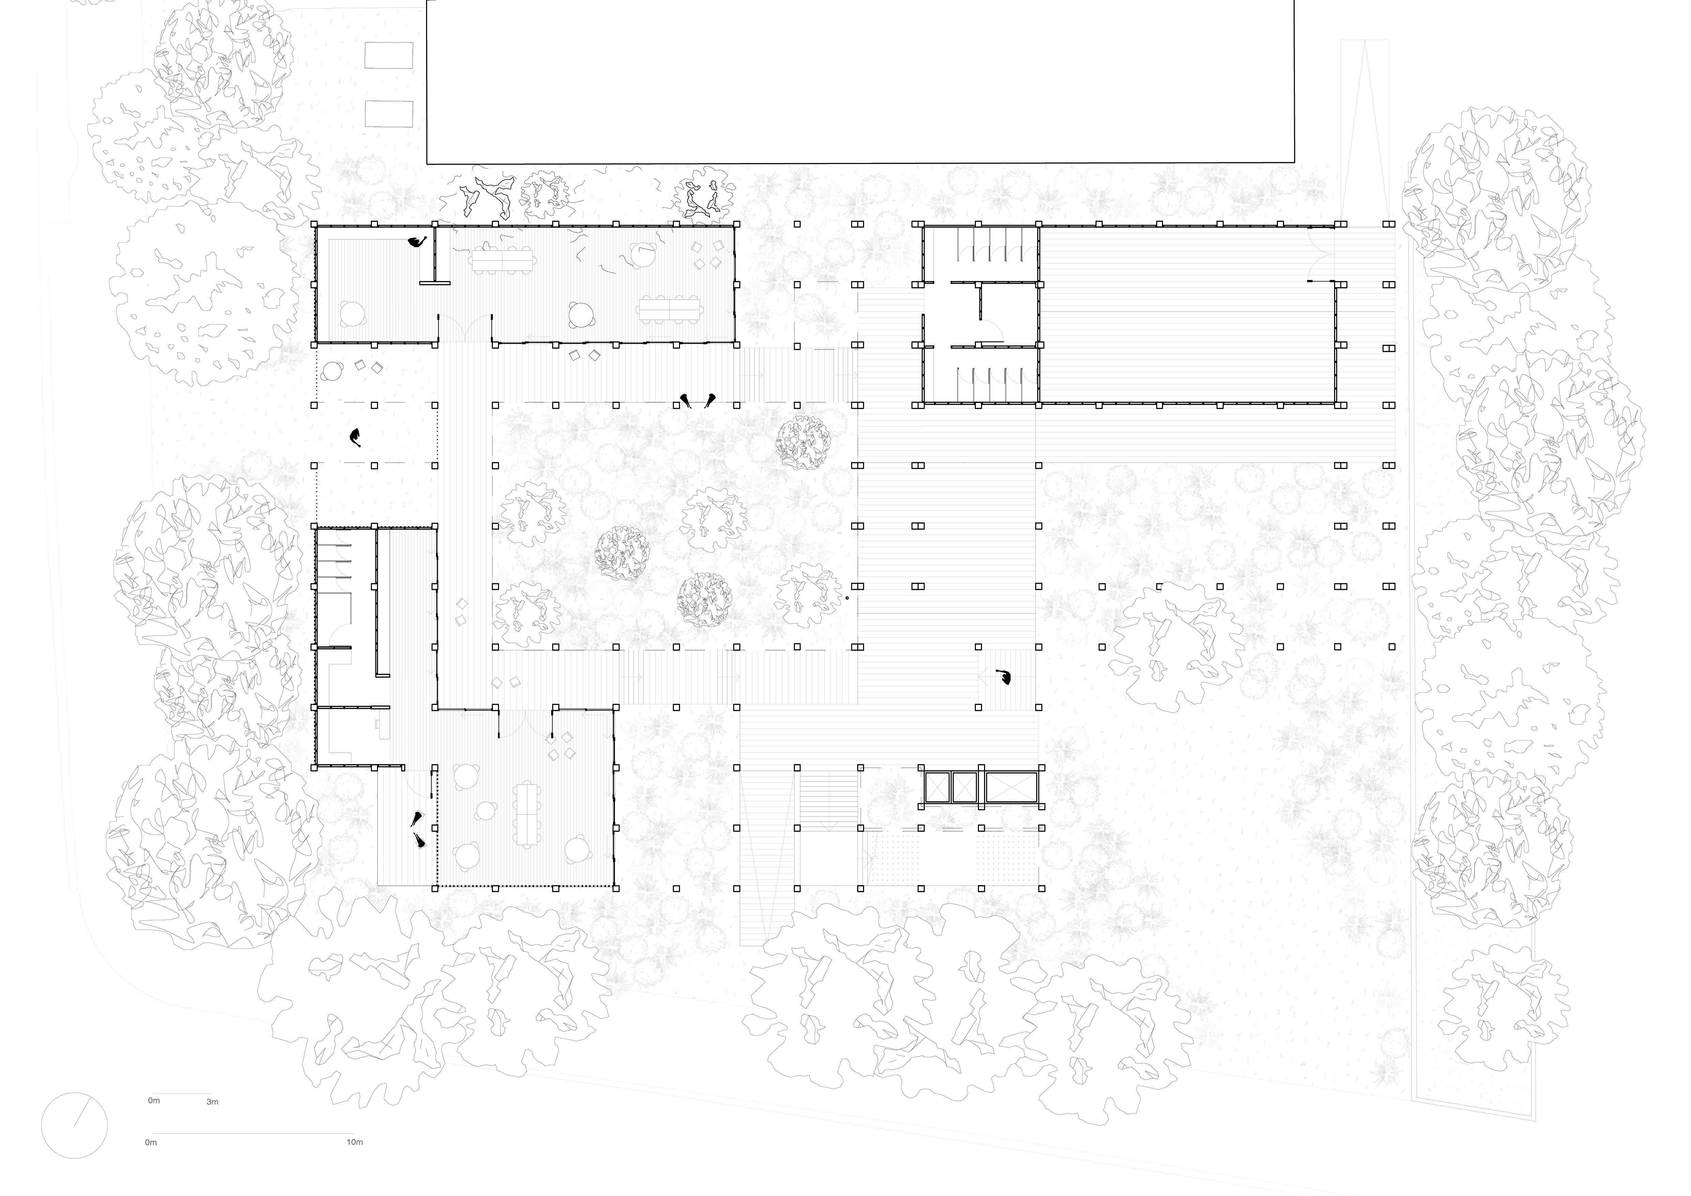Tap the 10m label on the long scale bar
[354, 1142]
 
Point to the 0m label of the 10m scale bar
[151, 1142]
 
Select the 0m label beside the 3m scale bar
[154, 1100]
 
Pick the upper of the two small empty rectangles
[389, 55]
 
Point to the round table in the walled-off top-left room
[353, 314]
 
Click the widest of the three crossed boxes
[1012, 787]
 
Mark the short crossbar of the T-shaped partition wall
[435, 282]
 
